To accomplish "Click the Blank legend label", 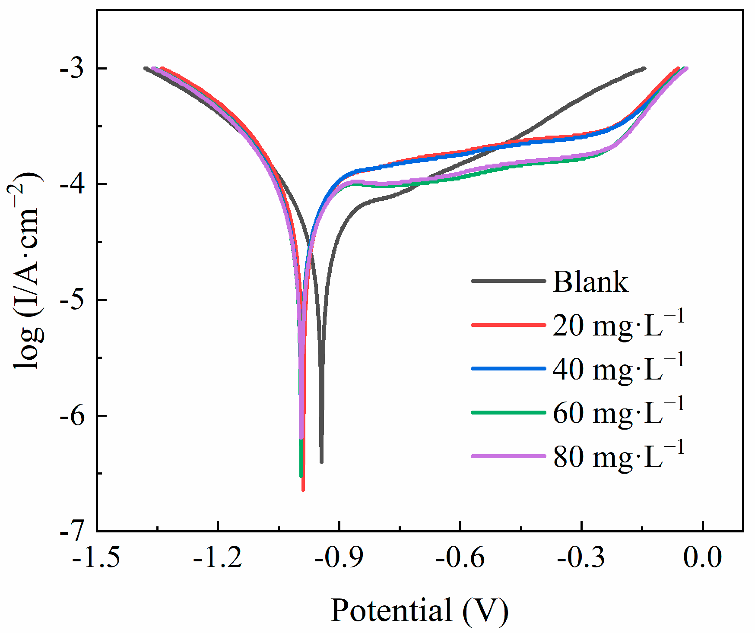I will pyautogui.click(x=590, y=282).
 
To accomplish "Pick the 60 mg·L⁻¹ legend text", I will pyautogui.click(x=618, y=412).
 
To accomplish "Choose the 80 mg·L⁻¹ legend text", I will pyautogui.click(x=618, y=456).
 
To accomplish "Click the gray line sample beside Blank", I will pyautogui.click(x=508, y=281).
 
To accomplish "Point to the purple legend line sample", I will pyautogui.click(x=508, y=456).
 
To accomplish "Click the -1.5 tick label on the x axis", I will pyautogui.click(x=96, y=557).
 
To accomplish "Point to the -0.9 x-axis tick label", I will pyautogui.click(x=339, y=557).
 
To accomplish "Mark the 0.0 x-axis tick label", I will pyautogui.click(x=703, y=557).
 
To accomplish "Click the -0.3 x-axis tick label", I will pyautogui.click(x=581, y=557).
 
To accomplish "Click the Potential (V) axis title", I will pyautogui.click(x=419, y=610).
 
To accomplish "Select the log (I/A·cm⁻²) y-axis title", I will pyautogui.click(x=27, y=271).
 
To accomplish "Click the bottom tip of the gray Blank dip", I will pyautogui.click(x=321, y=462).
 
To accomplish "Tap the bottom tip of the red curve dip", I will pyautogui.click(x=303, y=489).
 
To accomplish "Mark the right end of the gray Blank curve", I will pyautogui.click(x=644, y=68).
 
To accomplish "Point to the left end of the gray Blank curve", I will pyautogui.click(x=146, y=68).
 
